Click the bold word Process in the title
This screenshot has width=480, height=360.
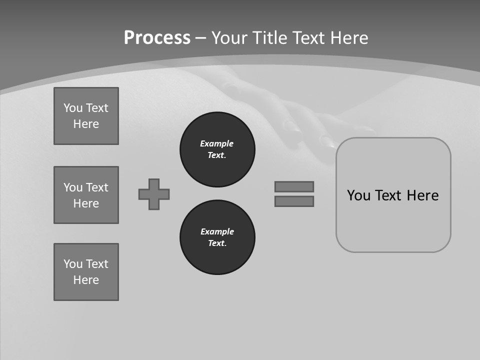click(157, 38)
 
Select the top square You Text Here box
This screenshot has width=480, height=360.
click(86, 116)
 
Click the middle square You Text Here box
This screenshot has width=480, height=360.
click(86, 195)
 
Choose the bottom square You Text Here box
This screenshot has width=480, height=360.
click(86, 272)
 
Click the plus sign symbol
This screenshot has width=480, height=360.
click(154, 194)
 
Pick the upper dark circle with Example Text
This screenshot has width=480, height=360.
click(217, 149)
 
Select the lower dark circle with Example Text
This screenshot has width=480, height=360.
click(217, 237)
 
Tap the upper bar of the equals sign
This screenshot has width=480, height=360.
click(294, 186)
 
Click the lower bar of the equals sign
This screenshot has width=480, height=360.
click(294, 201)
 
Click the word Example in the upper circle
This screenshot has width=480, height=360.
click(217, 143)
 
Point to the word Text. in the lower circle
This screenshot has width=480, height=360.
click(217, 243)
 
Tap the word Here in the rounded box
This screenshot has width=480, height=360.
click(422, 195)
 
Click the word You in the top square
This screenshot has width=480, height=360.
click(73, 108)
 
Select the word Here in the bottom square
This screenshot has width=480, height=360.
click(86, 280)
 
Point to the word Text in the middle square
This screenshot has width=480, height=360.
click(97, 187)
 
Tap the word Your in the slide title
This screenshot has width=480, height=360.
click(230, 38)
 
